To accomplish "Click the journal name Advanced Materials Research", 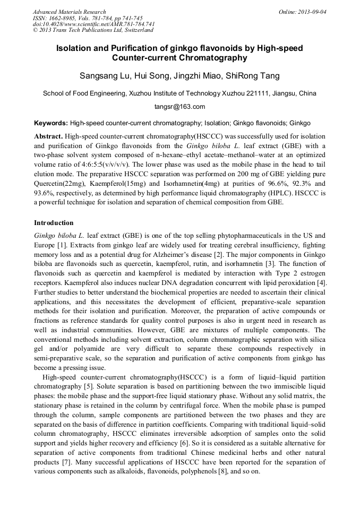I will [69, 12].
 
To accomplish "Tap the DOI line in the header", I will [93, 24].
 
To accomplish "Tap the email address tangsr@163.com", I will [179, 107].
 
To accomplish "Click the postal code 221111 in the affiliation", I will [256, 93].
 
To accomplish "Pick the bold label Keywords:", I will [51, 122].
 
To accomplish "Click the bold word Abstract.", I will [49, 136].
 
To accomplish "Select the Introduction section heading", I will [54, 223].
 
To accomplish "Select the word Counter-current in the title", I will [150, 58].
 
